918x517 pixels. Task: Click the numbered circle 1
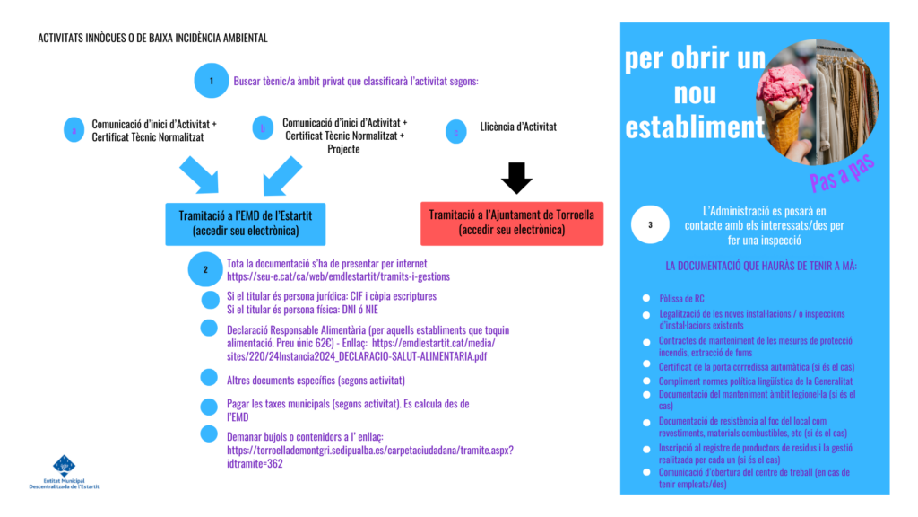pyautogui.click(x=211, y=81)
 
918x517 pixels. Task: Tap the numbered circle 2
pyautogui.click(x=205, y=269)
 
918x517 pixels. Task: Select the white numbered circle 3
pyautogui.click(x=650, y=225)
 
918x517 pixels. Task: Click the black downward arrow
pyautogui.click(x=516, y=178)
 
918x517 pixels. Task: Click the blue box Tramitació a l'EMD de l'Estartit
pyautogui.click(x=245, y=223)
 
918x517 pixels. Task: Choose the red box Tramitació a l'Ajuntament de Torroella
pyautogui.click(x=511, y=223)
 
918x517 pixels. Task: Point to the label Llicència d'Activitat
pyautogui.click(x=518, y=127)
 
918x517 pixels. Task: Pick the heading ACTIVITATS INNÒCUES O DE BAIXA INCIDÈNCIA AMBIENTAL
pyautogui.click(x=153, y=39)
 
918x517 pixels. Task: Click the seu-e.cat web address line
pyautogui.click(x=338, y=276)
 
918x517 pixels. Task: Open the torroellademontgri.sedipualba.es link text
pyautogui.click(x=369, y=450)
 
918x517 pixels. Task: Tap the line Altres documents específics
pyautogui.click(x=316, y=381)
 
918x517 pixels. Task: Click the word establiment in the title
pyautogui.click(x=695, y=127)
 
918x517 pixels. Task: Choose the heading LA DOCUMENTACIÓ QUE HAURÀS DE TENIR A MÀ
pyautogui.click(x=761, y=267)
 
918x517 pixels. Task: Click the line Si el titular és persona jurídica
pyautogui.click(x=332, y=296)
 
